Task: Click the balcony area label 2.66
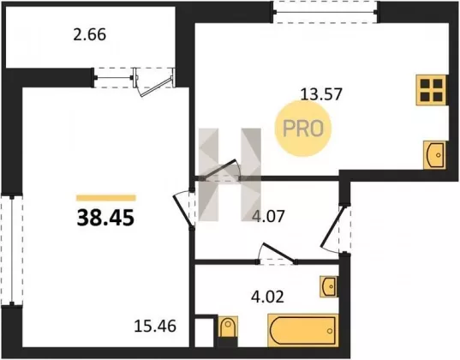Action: tap(89, 35)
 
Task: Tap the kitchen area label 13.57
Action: tap(321, 94)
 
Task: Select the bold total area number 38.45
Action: tap(105, 219)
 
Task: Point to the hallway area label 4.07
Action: tap(268, 216)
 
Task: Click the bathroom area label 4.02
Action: tap(267, 297)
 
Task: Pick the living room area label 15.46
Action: tap(155, 326)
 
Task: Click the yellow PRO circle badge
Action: tap(302, 129)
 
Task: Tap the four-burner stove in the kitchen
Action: tap(431, 90)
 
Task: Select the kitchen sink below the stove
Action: tap(434, 155)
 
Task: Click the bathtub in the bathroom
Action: tap(302, 330)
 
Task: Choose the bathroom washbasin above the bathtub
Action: tap(329, 286)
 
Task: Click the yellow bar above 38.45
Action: tap(106, 198)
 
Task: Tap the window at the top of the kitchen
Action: tap(326, 12)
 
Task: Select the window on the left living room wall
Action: tap(12, 250)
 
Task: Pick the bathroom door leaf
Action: tap(278, 252)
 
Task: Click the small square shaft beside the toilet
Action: tap(204, 332)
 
